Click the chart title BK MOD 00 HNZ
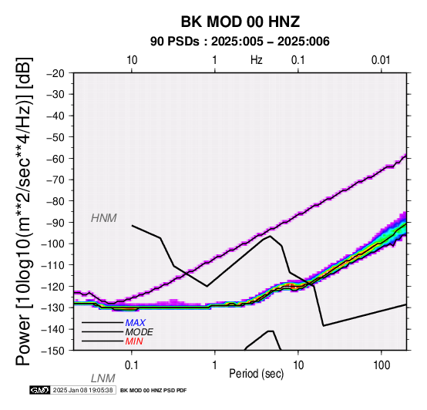coord(240,22)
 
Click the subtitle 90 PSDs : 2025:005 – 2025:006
coord(240,42)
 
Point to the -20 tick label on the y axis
coord(55,73)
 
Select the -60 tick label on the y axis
coord(55,159)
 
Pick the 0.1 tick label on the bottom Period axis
coord(131,365)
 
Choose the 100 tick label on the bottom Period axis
coord(382,365)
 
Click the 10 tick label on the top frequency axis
coord(132,60)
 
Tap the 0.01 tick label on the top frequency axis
coord(381,60)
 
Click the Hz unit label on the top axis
coord(256,60)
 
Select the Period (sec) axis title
coord(256,374)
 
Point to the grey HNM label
coord(104,218)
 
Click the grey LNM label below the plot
coord(103,378)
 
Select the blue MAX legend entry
coord(135,323)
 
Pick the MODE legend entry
coord(140,332)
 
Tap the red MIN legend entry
coord(134,341)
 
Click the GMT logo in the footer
coord(40,390)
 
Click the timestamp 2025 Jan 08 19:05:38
coord(82,390)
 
